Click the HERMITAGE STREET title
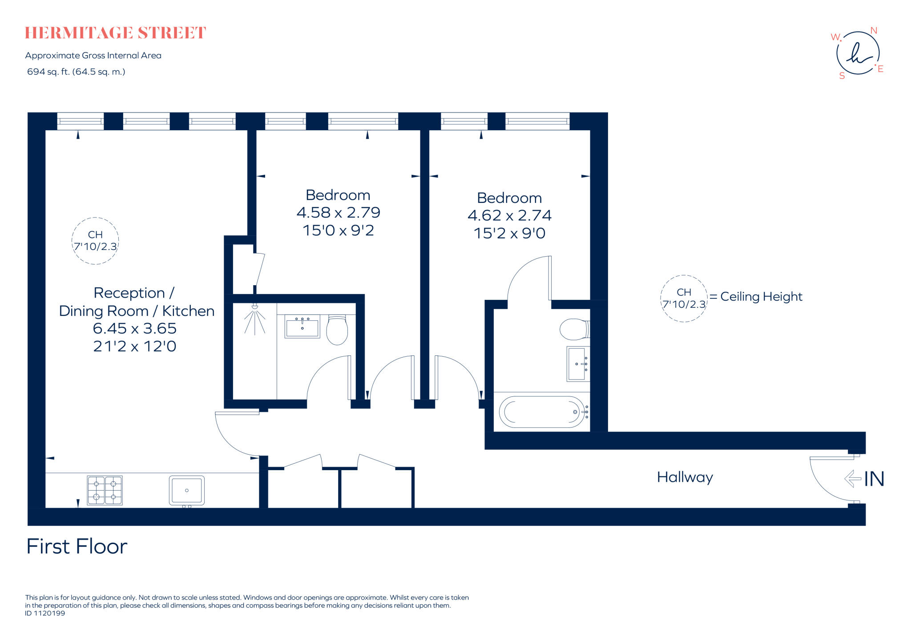[x=115, y=33]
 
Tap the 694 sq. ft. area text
[x=76, y=72]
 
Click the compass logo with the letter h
[x=858, y=53]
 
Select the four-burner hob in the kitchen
[x=105, y=490]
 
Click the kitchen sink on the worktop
[x=187, y=490]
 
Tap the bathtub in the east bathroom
[x=542, y=412]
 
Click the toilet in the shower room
[x=337, y=330]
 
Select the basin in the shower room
[x=302, y=327]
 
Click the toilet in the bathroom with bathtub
[x=574, y=329]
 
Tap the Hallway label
[x=685, y=477]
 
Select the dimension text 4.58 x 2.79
[x=338, y=213]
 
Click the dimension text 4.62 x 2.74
[x=509, y=215]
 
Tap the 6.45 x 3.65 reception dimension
[x=134, y=328]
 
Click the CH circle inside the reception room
[x=95, y=241]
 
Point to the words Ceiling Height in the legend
[x=761, y=297]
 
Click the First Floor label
[x=77, y=546]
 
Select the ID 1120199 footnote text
[x=45, y=613]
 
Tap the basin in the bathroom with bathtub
[x=577, y=364]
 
